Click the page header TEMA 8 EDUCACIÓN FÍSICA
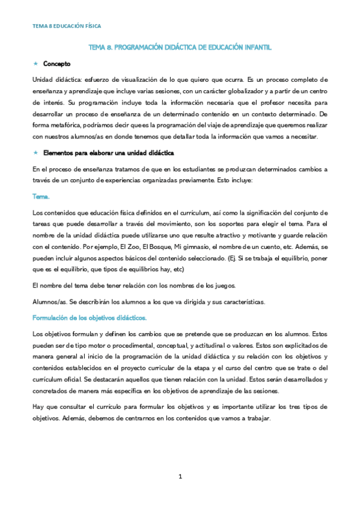pyautogui.click(x=67, y=26)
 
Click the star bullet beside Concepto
pyautogui.click(x=35, y=63)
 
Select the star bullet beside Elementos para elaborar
pyautogui.click(x=35, y=152)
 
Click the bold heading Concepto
pyautogui.click(x=57, y=63)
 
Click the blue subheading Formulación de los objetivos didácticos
pyautogui.click(x=90, y=318)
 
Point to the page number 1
pyautogui.click(x=180, y=476)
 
